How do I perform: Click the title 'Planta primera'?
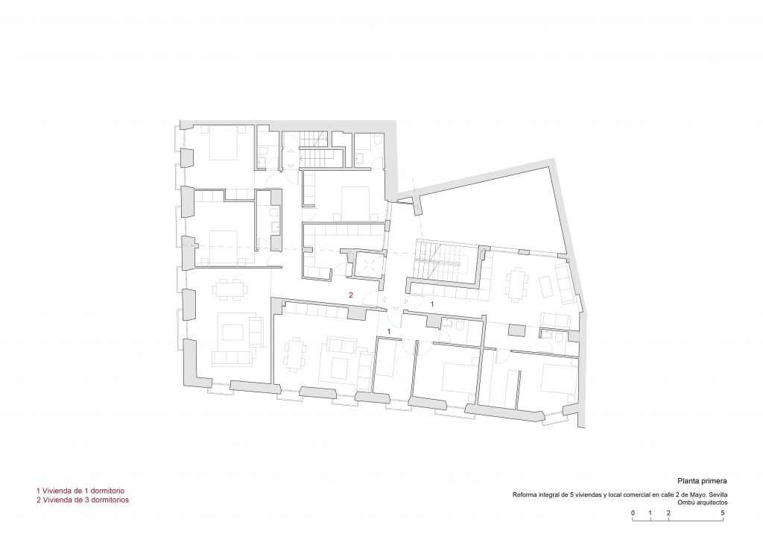702,480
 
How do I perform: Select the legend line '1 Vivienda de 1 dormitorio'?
80,491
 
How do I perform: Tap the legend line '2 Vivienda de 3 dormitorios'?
83,500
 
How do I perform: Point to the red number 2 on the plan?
351,295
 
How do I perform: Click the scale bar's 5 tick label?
723,512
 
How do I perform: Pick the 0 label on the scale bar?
633,512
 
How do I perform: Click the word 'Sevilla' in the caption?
718,495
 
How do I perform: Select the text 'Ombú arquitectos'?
703,503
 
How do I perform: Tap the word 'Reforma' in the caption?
522,495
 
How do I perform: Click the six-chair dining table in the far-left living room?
230,288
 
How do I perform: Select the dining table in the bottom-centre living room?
296,354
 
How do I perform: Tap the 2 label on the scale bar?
668,512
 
